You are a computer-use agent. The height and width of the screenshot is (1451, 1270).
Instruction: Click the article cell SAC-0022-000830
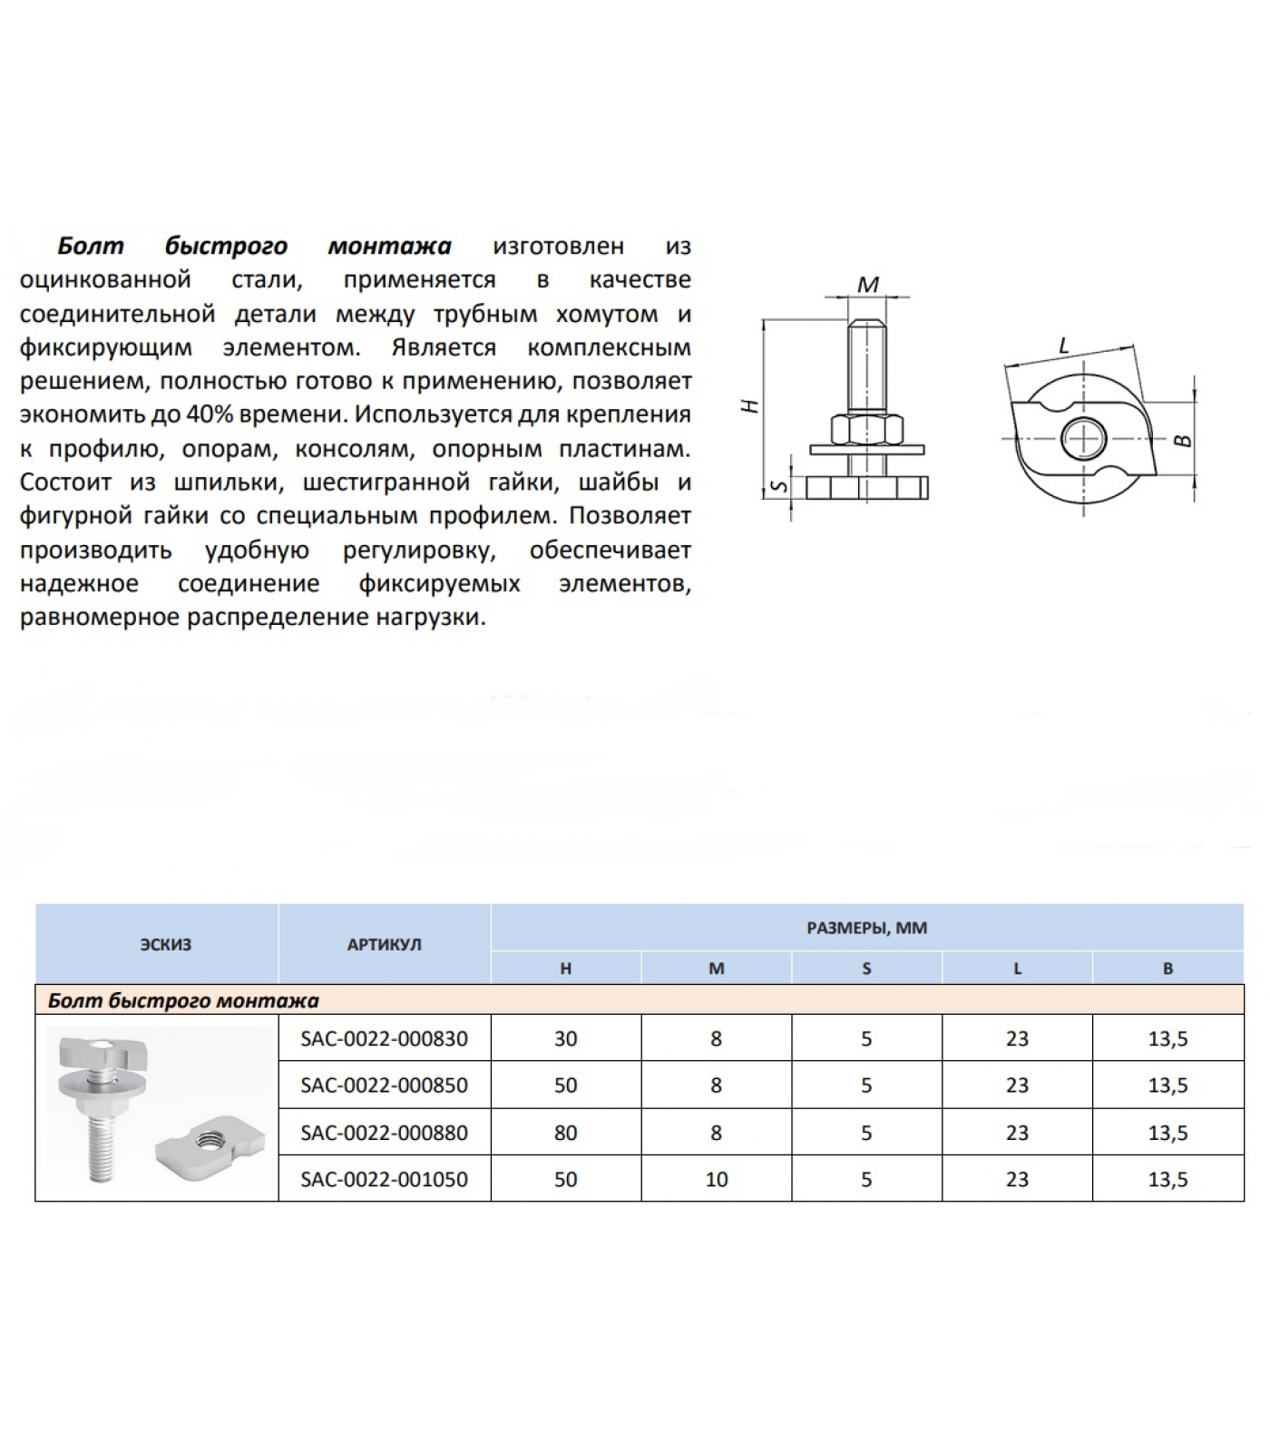click(384, 1038)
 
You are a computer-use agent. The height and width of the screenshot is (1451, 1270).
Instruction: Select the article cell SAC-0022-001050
click(384, 1179)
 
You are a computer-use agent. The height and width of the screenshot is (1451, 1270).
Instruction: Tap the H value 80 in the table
click(565, 1133)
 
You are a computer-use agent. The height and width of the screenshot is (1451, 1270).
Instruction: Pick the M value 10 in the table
click(716, 1179)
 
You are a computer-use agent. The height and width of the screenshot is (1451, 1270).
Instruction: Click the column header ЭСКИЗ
click(166, 944)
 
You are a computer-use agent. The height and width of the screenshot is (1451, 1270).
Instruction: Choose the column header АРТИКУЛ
click(384, 944)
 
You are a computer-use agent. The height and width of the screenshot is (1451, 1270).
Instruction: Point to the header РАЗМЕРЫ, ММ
click(866, 928)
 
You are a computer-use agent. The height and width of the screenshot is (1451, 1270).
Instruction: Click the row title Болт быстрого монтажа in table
click(183, 1000)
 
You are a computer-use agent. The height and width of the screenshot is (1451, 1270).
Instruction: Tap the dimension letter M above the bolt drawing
click(868, 285)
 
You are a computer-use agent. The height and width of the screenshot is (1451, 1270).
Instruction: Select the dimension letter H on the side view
click(750, 406)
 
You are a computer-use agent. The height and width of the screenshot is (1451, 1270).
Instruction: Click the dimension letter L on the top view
click(1065, 346)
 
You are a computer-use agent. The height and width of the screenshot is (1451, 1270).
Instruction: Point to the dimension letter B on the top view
click(1182, 440)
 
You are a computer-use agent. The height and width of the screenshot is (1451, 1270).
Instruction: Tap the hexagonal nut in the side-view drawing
click(866, 428)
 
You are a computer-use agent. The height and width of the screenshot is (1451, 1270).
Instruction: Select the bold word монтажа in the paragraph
click(389, 246)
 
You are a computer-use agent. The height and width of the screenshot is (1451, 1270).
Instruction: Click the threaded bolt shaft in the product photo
click(101, 1150)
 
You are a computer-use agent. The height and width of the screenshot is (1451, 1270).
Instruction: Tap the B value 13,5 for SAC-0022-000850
click(1167, 1086)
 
